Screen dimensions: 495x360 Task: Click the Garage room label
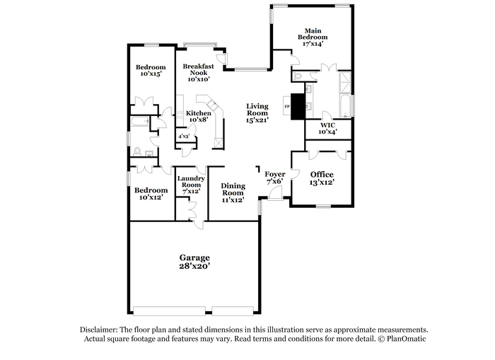(x=194, y=258)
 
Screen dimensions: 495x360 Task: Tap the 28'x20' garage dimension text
(x=194, y=266)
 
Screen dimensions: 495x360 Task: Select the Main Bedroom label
(x=313, y=34)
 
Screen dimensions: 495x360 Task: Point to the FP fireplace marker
(x=287, y=106)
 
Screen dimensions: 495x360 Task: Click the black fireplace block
(x=298, y=106)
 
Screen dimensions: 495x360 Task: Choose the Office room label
(x=322, y=175)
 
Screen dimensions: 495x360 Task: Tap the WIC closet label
(x=327, y=125)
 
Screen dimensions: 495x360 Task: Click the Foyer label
(x=275, y=174)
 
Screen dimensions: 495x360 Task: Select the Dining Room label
(x=233, y=189)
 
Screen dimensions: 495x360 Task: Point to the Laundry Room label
(x=191, y=182)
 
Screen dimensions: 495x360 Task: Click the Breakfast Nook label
(x=198, y=69)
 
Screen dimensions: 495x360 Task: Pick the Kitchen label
(x=199, y=113)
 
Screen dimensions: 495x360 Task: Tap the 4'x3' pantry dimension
(x=183, y=137)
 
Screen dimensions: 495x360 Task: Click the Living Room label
(x=257, y=110)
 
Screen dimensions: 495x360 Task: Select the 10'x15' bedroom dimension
(x=151, y=74)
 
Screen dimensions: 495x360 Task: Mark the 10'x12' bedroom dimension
(x=151, y=197)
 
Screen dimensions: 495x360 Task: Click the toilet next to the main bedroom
(x=298, y=76)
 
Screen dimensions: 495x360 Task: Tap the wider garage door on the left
(x=169, y=310)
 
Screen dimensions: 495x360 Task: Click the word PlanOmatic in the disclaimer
(x=407, y=339)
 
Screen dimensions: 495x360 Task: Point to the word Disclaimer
(x=99, y=330)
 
